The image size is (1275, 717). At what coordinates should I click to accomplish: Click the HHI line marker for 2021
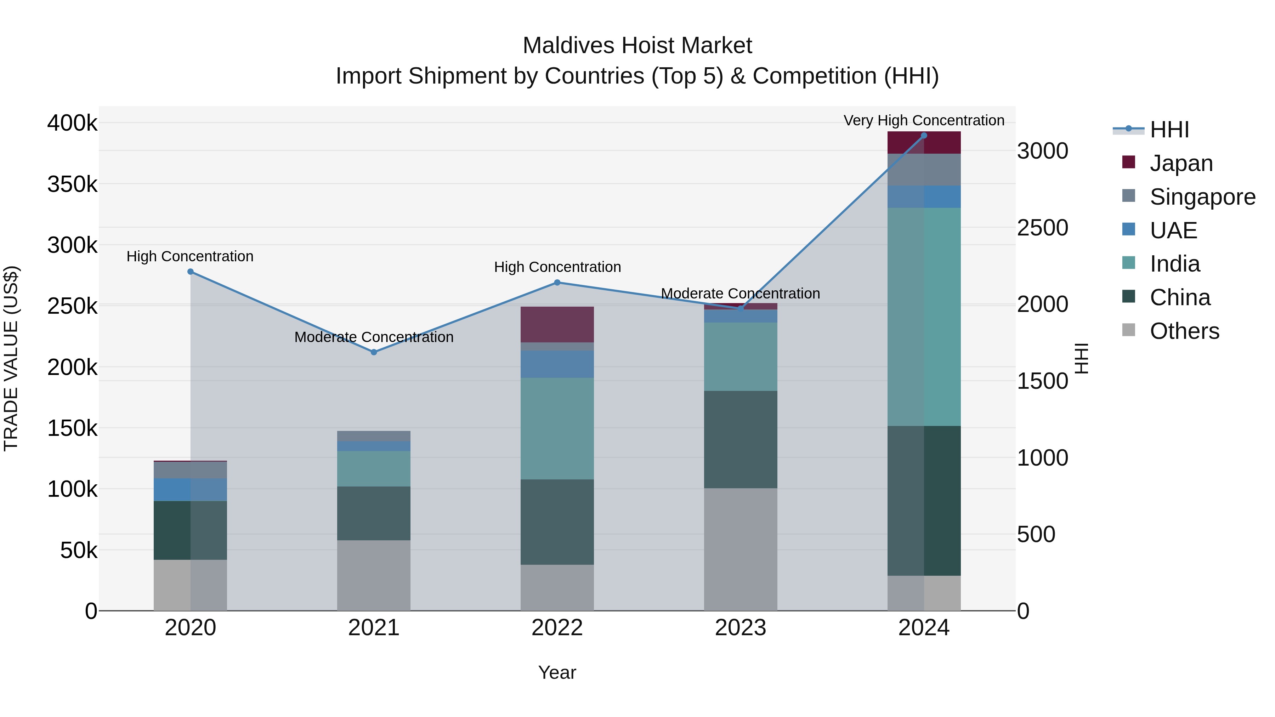374,352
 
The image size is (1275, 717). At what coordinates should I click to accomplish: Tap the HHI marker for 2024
924,136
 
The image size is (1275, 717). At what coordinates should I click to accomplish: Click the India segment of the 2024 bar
924,317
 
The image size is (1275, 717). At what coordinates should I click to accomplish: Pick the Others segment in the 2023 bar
741,549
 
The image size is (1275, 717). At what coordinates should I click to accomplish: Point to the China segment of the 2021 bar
374,513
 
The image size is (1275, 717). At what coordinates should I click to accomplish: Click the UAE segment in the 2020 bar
190,490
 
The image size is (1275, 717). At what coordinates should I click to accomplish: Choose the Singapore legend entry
1203,197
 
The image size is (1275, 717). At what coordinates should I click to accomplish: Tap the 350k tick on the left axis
72,184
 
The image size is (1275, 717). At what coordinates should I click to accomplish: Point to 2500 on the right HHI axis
1042,228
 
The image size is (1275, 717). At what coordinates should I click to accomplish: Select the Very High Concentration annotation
924,120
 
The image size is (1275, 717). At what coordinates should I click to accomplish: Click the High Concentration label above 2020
190,256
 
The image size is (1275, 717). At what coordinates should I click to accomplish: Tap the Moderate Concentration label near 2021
374,337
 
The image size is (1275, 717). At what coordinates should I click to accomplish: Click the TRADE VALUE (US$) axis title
11,358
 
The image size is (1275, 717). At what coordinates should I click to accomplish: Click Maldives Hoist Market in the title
637,46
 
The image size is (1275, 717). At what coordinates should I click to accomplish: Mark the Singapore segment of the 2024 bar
924,170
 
